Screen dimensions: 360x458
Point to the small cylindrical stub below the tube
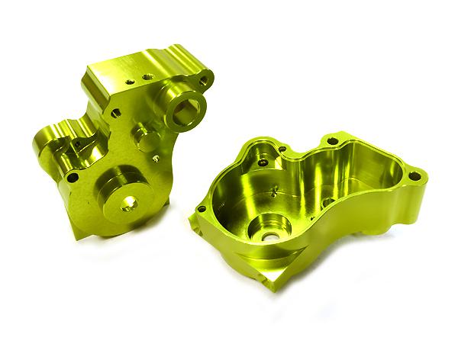(144, 137)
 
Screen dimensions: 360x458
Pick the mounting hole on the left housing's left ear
(73, 177)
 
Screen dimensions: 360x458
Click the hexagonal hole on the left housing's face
(115, 112)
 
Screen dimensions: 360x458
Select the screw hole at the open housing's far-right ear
(414, 176)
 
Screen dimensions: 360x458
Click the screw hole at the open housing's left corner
(201, 208)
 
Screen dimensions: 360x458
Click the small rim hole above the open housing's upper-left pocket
(282, 149)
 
